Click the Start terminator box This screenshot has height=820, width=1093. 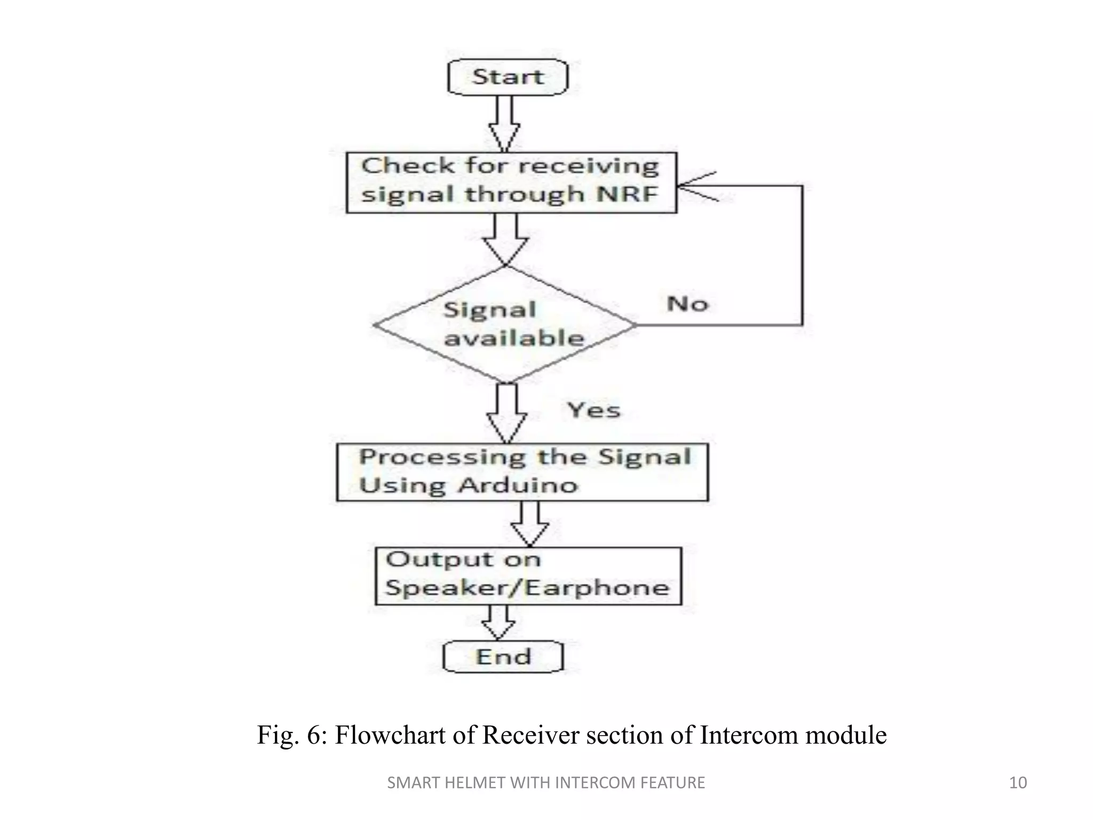(x=508, y=77)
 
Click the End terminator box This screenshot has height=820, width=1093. (x=503, y=657)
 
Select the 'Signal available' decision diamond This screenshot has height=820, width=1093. (x=505, y=325)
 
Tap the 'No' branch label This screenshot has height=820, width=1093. (x=687, y=304)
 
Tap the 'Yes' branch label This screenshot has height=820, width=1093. (x=594, y=410)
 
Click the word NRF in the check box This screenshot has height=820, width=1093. (x=627, y=193)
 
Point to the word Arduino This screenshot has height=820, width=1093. (x=518, y=485)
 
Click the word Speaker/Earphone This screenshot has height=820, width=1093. (x=527, y=588)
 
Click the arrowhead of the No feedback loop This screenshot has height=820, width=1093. (x=694, y=186)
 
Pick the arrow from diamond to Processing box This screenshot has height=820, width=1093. (x=506, y=413)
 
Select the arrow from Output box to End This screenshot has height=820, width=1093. (x=498, y=622)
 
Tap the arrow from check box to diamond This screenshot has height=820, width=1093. (x=505, y=239)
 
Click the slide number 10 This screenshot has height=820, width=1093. (x=1018, y=783)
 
